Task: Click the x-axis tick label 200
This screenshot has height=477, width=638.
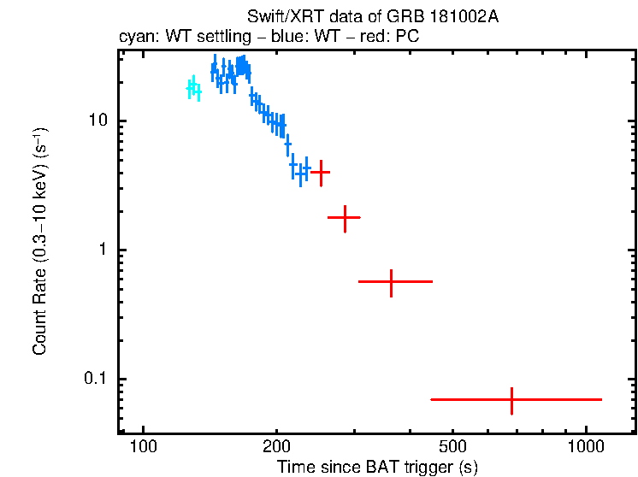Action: pyautogui.click(x=276, y=447)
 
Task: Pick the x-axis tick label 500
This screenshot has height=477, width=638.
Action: pyautogui.click(x=452, y=447)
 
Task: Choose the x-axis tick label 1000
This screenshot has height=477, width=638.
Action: pyautogui.click(x=586, y=447)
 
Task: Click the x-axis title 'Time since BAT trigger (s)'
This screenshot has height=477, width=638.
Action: pyautogui.click(x=377, y=467)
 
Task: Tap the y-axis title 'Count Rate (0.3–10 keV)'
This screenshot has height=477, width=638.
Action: pyautogui.click(x=39, y=241)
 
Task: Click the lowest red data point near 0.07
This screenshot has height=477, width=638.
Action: pyautogui.click(x=511, y=399)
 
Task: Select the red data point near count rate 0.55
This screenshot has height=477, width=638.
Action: pyautogui.click(x=391, y=281)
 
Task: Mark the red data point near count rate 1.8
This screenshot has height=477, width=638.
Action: pyautogui.click(x=345, y=218)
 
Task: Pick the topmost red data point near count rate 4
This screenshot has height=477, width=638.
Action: pyautogui.click(x=321, y=172)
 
